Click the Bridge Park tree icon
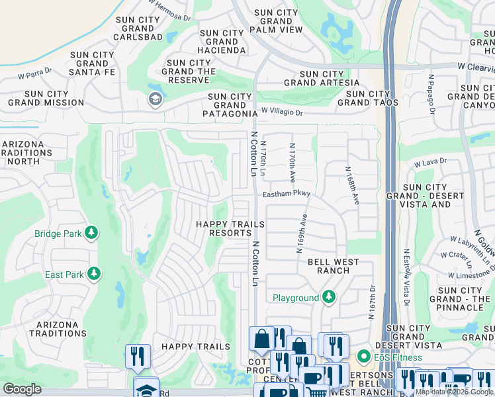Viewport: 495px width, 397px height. tap(92, 233)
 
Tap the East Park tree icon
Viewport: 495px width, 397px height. tap(94, 274)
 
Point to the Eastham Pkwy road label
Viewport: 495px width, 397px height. tap(286, 195)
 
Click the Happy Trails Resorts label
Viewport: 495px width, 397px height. tap(230, 229)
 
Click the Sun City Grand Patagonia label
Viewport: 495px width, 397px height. tap(230, 105)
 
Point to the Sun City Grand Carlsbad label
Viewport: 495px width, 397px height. tap(138, 29)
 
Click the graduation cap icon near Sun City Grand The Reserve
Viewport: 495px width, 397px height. tap(155, 99)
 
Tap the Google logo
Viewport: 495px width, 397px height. tap(22, 388)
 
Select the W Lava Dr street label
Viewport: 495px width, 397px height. tap(430, 161)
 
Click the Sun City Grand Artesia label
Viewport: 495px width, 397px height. tap(322, 79)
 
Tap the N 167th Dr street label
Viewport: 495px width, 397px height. tap(372, 302)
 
